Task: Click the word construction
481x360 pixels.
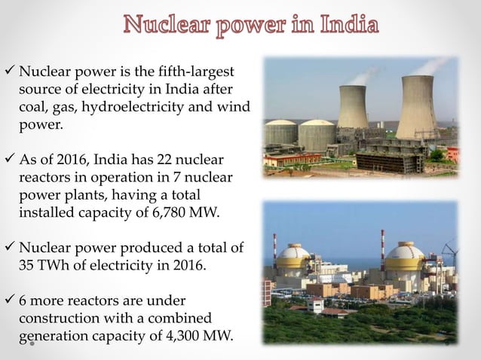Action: pos(58,317)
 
